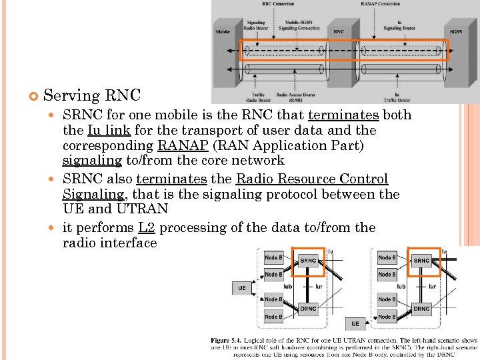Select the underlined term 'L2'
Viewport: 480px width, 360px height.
[147, 227]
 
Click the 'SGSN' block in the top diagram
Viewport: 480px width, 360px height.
[456, 31]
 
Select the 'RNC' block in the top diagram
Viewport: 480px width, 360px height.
[339, 31]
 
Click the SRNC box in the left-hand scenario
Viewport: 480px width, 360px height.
[308, 261]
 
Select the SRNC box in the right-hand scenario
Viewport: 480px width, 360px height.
[422, 261]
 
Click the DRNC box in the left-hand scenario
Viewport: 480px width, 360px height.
[308, 309]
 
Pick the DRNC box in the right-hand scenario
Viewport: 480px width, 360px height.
[422, 309]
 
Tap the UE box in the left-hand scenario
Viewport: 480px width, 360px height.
[241, 288]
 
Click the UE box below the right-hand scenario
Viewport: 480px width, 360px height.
[355, 324]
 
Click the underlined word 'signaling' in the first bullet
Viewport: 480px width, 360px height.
[92, 161]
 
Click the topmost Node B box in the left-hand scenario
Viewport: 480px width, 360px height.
[273, 258]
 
